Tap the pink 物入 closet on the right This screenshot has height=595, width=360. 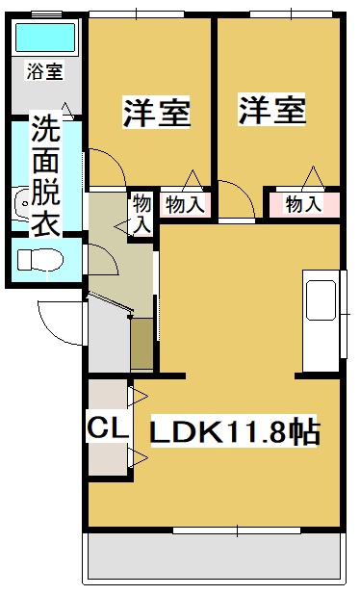click(x=303, y=204)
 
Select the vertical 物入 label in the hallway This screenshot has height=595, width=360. click(x=141, y=213)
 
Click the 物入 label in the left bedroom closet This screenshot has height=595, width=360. click(x=184, y=204)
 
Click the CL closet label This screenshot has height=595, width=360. click(x=108, y=427)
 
